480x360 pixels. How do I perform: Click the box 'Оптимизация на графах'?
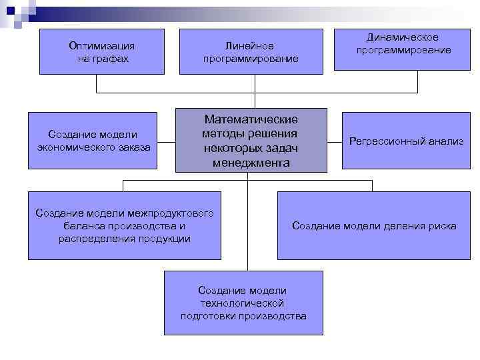coord(102,51)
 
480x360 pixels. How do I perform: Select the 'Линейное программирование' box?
coord(250,51)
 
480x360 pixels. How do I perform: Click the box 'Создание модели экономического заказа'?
coord(93,141)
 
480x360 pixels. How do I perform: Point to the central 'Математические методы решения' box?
coord(251,140)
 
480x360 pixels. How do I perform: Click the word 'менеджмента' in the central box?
coord(251,162)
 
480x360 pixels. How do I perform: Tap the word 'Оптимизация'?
coord(102,45)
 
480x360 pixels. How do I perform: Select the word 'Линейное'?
coord(250,45)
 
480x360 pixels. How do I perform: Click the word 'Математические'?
coord(251,119)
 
